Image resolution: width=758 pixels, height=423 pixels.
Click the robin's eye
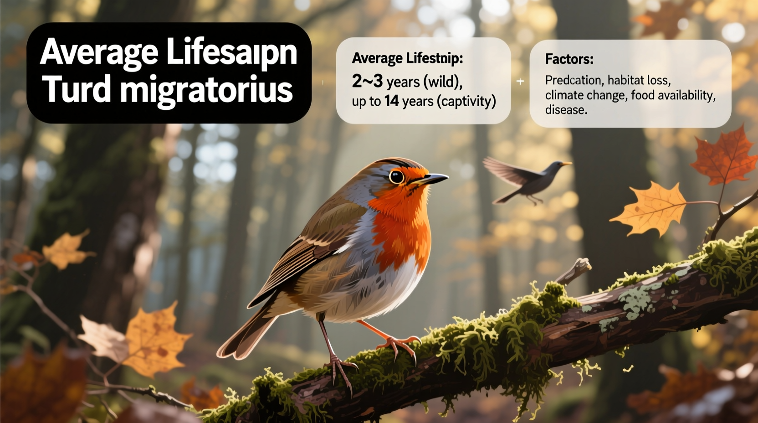(x=396, y=176)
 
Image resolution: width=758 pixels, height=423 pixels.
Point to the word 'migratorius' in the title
(x=206, y=90)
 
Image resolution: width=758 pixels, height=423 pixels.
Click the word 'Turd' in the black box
(x=77, y=88)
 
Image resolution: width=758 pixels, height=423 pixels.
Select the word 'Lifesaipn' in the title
(x=231, y=52)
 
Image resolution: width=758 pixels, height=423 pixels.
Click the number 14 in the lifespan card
(x=391, y=101)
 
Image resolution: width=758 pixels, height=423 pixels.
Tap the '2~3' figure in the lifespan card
(x=367, y=81)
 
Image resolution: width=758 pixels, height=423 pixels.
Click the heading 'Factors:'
(x=569, y=59)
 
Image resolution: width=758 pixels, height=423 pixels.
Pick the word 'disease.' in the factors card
(x=566, y=110)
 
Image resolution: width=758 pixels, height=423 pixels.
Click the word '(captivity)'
(x=466, y=101)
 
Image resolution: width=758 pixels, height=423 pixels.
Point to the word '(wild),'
(x=443, y=82)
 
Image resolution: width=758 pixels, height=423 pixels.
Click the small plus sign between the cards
(x=520, y=82)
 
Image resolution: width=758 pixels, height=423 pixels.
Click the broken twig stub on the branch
(x=576, y=270)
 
